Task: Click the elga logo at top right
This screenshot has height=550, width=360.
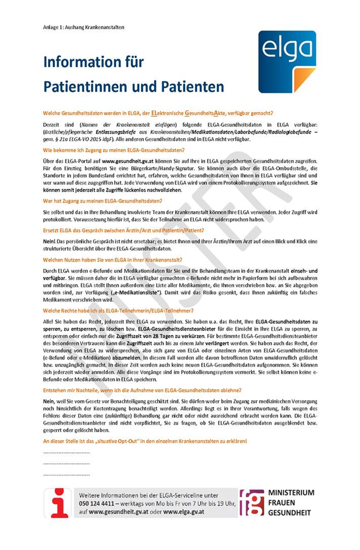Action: tap(287, 62)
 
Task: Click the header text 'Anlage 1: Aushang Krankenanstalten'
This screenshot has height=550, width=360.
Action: tap(83, 27)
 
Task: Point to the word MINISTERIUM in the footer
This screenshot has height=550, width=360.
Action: tap(291, 492)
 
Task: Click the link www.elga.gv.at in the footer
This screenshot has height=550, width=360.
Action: tap(184, 512)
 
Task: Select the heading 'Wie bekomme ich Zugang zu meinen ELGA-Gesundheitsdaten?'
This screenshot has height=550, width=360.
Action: tap(114, 149)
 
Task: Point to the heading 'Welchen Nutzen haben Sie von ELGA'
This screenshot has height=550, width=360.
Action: tap(111, 259)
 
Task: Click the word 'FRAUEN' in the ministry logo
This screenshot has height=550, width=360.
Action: tap(283, 503)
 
